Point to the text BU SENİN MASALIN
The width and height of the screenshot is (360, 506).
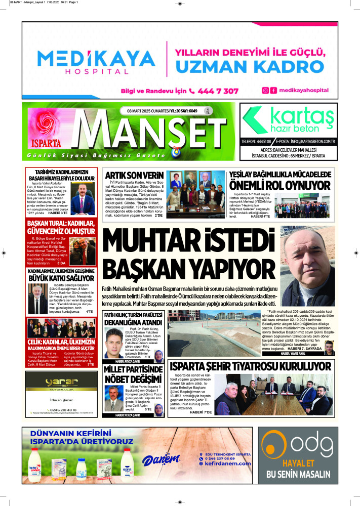click(x=298, y=475)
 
